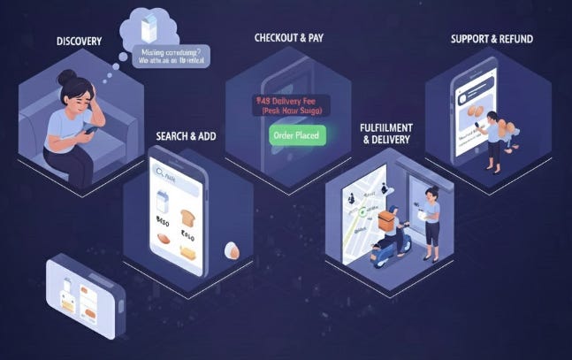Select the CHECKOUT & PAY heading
pyautogui.click(x=289, y=38)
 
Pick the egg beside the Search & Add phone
pyautogui.click(x=232, y=250)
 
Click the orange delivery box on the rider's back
pyautogui.click(x=385, y=220)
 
